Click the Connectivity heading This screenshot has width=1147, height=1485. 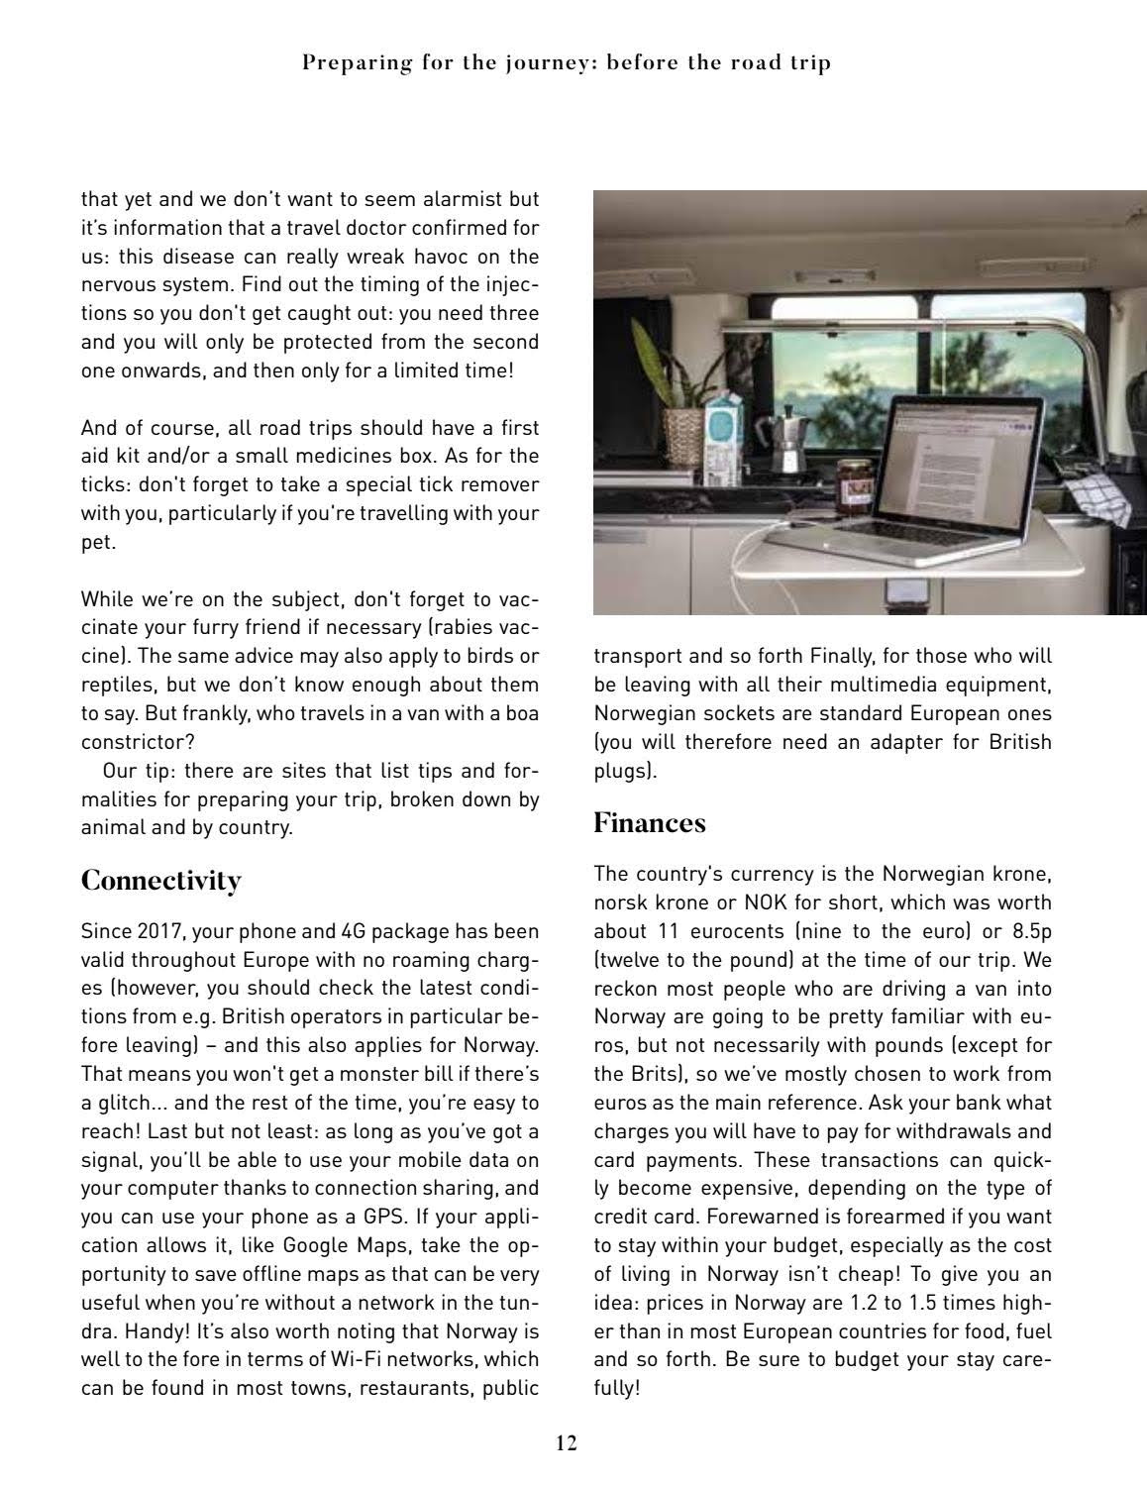pos(160,881)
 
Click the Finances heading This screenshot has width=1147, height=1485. pos(650,823)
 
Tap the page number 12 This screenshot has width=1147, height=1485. pos(566,1442)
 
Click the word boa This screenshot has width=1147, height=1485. pos(523,713)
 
